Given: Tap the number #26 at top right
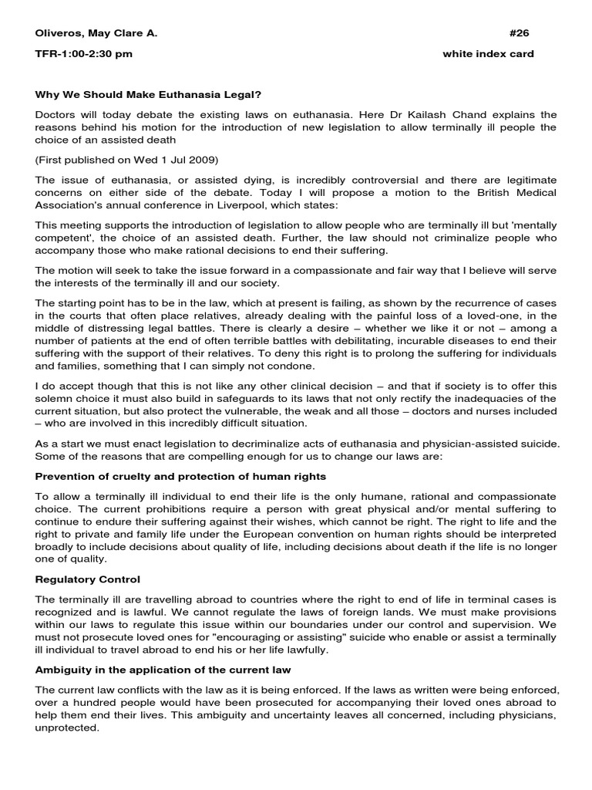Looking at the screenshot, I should [x=520, y=33].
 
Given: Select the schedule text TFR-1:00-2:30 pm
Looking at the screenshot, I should [x=84, y=54].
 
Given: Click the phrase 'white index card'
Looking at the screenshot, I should [x=488, y=54].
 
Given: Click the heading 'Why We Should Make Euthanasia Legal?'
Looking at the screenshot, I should [x=148, y=95].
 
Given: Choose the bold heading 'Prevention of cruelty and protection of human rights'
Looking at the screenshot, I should [x=180, y=476].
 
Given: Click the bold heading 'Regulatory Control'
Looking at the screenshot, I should [x=88, y=579].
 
